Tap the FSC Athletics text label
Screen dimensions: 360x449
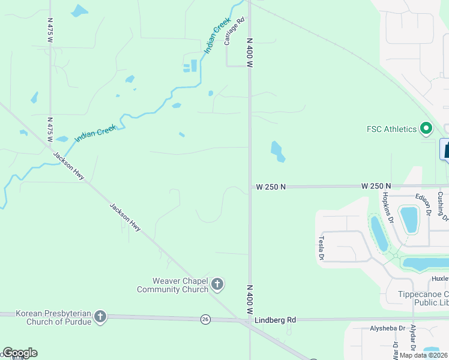pyautogui.click(x=391, y=129)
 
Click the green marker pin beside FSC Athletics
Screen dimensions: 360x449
pyautogui.click(x=426, y=128)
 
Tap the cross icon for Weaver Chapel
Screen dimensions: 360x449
pyautogui.click(x=217, y=284)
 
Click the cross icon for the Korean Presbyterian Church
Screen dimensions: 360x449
pyautogui.click(x=100, y=316)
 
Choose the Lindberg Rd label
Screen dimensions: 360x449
pyautogui.click(x=276, y=320)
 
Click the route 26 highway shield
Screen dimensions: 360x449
pyautogui.click(x=205, y=319)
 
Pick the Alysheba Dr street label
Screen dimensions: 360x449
pyautogui.click(x=372, y=329)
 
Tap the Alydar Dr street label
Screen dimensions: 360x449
pyautogui.click(x=413, y=339)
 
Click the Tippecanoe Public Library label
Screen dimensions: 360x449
pyautogui.click(x=424, y=299)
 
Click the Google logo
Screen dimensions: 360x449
pyautogui.click(x=20, y=353)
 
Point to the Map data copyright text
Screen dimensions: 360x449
pyautogui.click(x=424, y=355)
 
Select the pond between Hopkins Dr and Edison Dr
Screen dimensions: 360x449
pyautogui.click(x=409, y=219)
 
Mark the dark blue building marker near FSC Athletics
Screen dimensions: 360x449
pyautogui.click(x=445, y=149)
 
